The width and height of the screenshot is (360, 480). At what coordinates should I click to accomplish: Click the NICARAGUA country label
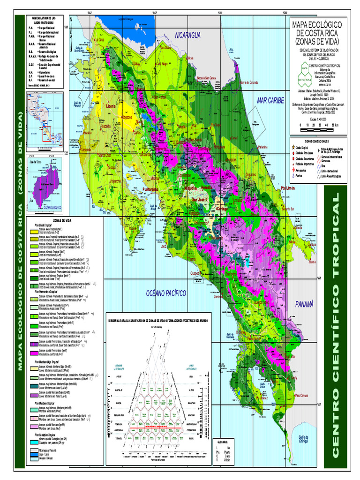point(188,36)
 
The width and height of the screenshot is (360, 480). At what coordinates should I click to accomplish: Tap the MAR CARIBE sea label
point(271,100)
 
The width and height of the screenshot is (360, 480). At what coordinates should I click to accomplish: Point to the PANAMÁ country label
point(303,304)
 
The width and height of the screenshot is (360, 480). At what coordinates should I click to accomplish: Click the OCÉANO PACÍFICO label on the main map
point(166,293)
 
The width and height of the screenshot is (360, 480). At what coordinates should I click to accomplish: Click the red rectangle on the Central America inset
point(47,134)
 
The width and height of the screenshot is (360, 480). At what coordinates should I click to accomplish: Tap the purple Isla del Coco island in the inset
point(45,182)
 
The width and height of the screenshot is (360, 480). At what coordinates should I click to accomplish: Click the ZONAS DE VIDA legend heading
point(62,220)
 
